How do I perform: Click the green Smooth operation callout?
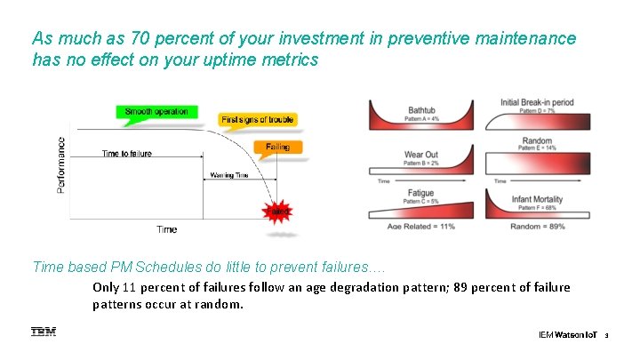156,112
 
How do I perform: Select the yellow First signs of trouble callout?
258,119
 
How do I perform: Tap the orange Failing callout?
276,147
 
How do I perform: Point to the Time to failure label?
126,154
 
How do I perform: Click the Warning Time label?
228,175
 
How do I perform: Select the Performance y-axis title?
61,165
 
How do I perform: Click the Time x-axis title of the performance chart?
166,229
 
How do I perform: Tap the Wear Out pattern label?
421,156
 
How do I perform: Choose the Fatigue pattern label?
420,193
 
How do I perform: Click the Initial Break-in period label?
537,103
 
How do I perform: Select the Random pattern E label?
537,141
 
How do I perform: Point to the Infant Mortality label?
537,201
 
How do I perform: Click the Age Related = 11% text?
420,227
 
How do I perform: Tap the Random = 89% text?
538,227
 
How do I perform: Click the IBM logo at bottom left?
43,332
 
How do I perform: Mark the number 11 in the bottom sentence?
131,287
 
